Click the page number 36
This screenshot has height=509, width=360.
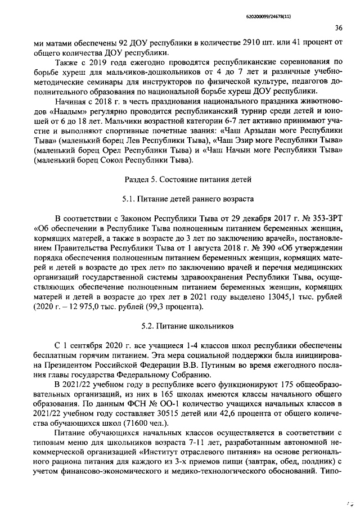click(339, 28)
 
